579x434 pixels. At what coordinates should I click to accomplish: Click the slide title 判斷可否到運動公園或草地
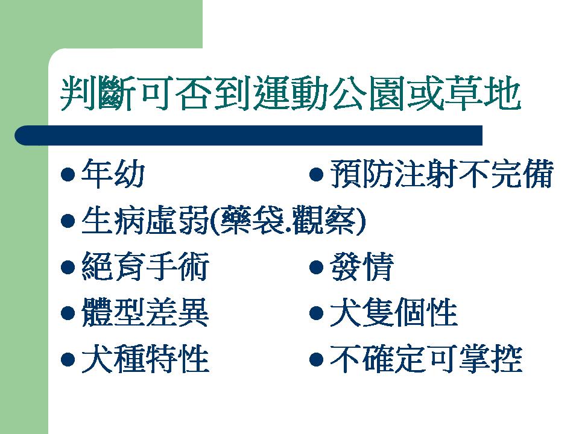pos(291,93)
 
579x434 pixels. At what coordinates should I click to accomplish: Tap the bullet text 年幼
pos(113,174)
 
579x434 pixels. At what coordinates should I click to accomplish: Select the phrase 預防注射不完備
pos(441,174)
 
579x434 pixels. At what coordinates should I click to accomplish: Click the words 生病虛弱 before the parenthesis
pos(145,221)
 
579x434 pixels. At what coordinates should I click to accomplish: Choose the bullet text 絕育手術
pos(145,266)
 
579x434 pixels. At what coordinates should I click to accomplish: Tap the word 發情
pos(361,266)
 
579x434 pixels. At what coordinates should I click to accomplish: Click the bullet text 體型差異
pos(145,313)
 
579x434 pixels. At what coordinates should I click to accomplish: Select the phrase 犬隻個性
pos(394,313)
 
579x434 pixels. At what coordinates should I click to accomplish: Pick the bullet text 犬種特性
pos(145,359)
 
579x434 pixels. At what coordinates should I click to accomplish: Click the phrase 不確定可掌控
pos(426,359)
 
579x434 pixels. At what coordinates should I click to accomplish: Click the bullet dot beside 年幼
pos(68,175)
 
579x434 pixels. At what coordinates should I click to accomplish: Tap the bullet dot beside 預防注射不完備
pos(317,175)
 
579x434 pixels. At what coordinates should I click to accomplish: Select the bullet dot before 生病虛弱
pos(68,221)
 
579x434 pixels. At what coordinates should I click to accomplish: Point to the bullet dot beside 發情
pos(317,267)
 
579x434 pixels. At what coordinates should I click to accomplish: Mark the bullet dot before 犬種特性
pos(68,359)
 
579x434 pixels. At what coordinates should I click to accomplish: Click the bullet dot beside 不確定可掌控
pos(317,359)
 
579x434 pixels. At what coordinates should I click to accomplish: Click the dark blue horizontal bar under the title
pos(248,136)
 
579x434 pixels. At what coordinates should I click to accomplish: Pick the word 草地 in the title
pos(483,93)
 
